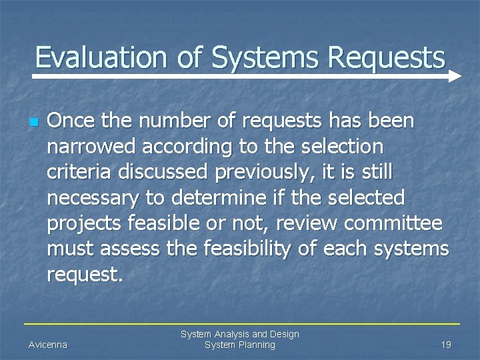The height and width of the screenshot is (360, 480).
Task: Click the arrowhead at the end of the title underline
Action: [x=455, y=77]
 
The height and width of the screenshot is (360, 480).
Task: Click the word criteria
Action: [x=80, y=172]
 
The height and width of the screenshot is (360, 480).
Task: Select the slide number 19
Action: [x=445, y=345]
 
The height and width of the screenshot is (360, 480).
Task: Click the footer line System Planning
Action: [x=240, y=345]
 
